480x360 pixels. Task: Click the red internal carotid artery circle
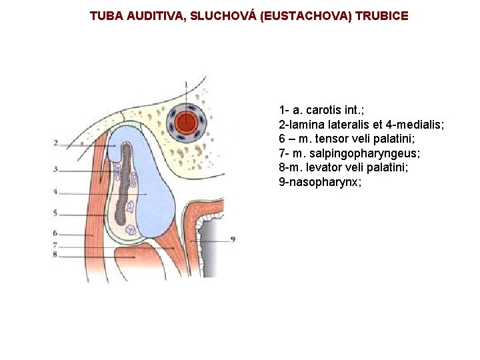[x=187, y=122]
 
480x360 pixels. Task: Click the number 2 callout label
[x=56, y=143]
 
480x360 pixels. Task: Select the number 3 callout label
[x=56, y=169]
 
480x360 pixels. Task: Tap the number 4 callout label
[x=56, y=192]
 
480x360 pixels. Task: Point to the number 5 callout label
[x=56, y=214]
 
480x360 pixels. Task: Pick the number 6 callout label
[x=56, y=234]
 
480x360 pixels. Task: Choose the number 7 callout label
[x=56, y=245]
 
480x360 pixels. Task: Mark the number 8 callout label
[x=56, y=255]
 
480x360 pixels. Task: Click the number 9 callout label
[x=233, y=238]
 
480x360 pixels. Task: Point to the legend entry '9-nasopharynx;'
[x=320, y=182]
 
